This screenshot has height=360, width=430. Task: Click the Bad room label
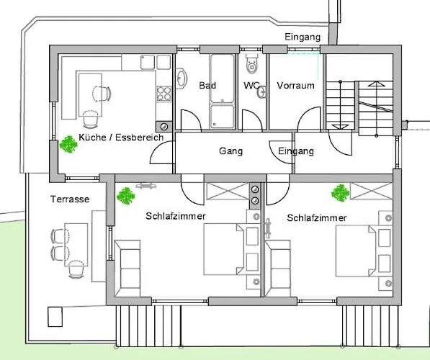(x=207, y=85)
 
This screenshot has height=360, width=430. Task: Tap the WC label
(x=251, y=85)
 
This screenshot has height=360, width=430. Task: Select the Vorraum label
(x=295, y=85)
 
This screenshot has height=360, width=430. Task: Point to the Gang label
(x=230, y=151)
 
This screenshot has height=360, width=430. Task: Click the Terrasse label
(x=70, y=199)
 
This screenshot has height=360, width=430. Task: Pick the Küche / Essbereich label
(x=121, y=137)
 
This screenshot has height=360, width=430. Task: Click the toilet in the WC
(x=252, y=64)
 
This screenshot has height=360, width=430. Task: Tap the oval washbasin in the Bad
(x=181, y=78)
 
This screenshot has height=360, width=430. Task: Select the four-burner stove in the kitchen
(x=164, y=94)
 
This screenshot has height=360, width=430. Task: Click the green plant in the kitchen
(x=68, y=144)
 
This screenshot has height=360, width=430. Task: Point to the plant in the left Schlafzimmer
(x=126, y=196)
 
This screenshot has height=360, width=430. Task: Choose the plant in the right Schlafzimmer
(x=340, y=193)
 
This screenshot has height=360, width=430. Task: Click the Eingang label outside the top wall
(x=303, y=37)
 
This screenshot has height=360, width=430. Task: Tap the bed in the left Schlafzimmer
(x=223, y=249)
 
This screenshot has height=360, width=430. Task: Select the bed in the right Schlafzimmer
(x=356, y=251)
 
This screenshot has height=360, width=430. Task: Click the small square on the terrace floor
(x=55, y=317)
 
